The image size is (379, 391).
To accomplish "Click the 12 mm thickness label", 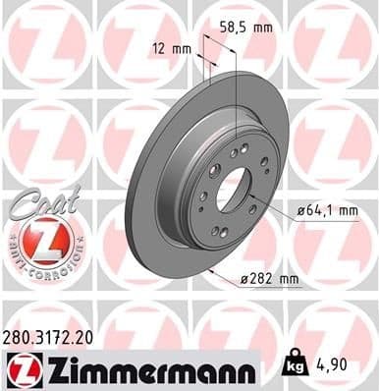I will point(171,47).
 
